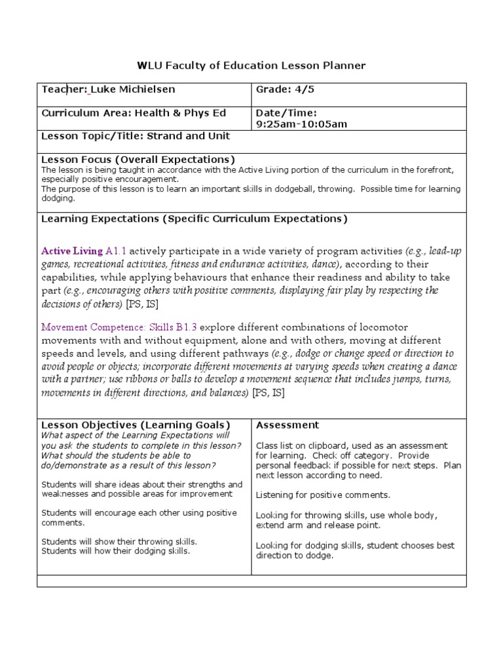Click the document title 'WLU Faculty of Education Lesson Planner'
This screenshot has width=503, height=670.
click(x=251, y=65)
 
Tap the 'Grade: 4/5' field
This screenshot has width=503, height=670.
click(x=280, y=90)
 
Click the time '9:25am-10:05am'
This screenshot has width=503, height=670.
click(x=301, y=124)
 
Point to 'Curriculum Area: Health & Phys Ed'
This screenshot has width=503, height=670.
click(x=134, y=113)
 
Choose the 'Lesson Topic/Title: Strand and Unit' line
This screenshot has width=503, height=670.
click(x=136, y=137)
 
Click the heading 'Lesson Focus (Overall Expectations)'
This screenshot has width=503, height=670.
click(x=138, y=160)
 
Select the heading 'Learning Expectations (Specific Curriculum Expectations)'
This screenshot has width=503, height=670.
click(x=195, y=219)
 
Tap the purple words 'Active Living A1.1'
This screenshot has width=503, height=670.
click(x=84, y=251)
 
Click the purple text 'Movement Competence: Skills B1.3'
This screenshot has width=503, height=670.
click(x=119, y=327)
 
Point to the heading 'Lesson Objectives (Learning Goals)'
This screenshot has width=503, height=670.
click(x=136, y=425)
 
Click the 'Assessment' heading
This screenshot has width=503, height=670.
click(x=288, y=425)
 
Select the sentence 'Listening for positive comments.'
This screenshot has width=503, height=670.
click(x=323, y=495)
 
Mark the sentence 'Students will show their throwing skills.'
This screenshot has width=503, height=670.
click(x=119, y=542)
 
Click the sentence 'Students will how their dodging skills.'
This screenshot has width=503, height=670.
click(x=116, y=551)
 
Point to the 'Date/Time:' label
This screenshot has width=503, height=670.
click(x=286, y=113)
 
